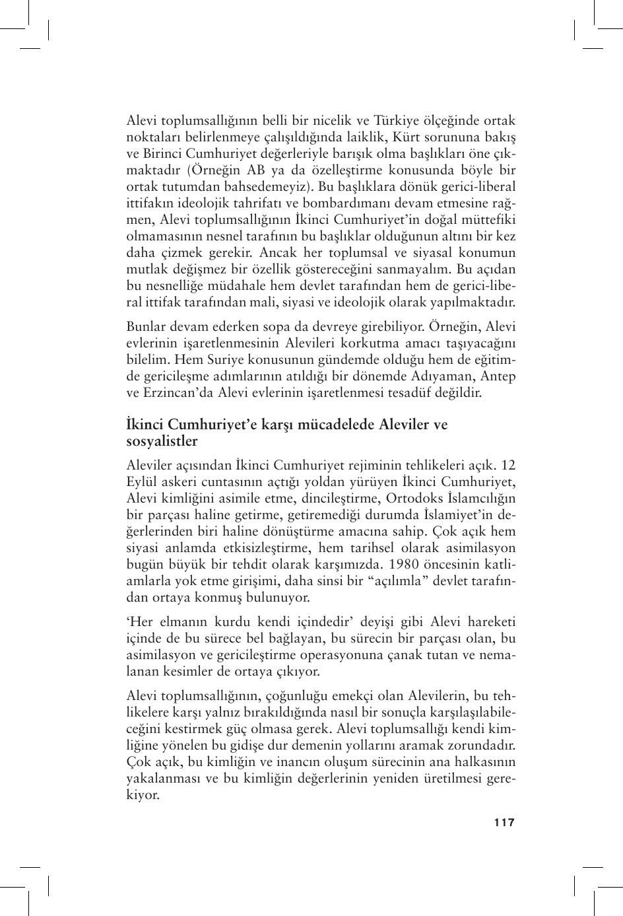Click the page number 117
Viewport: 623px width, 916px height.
pyautogui.click(x=504, y=822)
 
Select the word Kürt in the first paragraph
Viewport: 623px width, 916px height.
pyautogui.click(x=431, y=137)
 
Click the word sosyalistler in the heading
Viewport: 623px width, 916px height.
pyautogui.click(x=161, y=440)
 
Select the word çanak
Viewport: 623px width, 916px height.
pyautogui.click(x=393, y=655)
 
